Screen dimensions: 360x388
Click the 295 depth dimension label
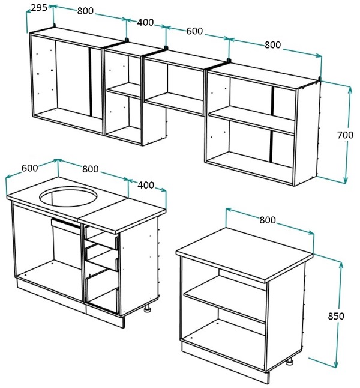pos(39,8)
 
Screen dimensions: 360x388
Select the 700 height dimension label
pos(345,135)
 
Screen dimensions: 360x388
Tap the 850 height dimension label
pos(336,316)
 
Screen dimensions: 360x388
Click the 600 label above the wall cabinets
pos(194,31)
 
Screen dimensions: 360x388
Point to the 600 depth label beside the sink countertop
pos(29,168)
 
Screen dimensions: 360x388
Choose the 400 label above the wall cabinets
pos(145,22)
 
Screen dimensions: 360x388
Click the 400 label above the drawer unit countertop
pos(146,185)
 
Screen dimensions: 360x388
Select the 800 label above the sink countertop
pos(90,169)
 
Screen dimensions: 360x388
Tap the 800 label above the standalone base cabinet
pos(268,220)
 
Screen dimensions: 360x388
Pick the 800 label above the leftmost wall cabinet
pos(85,11)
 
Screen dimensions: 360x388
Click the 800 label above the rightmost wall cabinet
pos(273,45)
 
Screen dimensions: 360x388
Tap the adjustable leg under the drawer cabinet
pos(148,309)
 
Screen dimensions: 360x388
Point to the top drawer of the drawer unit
pos(101,237)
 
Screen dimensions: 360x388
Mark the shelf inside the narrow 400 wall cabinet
pos(124,91)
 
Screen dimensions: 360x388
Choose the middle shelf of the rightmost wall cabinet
pos(252,121)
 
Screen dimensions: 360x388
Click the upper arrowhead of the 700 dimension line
pos(350,89)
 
